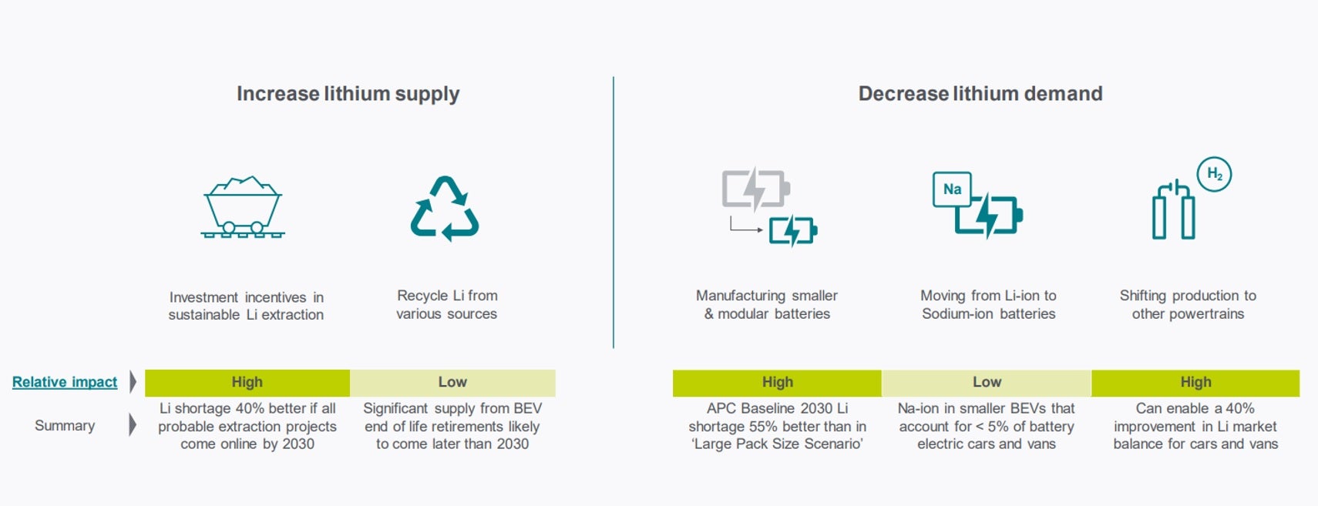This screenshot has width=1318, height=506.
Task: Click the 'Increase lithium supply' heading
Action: point(348,94)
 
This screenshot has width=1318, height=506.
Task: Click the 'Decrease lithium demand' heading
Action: point(980,93)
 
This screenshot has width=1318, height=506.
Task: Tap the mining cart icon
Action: point(243,207)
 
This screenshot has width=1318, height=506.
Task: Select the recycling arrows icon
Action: point(445,209)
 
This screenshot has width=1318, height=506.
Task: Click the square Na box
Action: point(951,189)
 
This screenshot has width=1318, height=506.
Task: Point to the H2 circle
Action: point(1214,174)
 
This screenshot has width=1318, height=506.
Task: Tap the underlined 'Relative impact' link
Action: point(65,382)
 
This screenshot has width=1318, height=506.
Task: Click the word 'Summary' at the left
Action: point(65,425)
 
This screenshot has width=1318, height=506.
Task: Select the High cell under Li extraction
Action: point(247,383)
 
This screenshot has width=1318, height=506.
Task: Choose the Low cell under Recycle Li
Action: point(452,383)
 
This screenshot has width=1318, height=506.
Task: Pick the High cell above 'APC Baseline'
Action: point(777,383)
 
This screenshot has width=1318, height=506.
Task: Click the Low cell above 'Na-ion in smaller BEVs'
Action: point(987,383)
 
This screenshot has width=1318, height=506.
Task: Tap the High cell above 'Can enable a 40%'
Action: point(1195,383)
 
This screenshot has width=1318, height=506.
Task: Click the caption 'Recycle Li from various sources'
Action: point(446,304)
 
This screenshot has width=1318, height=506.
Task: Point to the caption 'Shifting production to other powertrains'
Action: point(1188,304)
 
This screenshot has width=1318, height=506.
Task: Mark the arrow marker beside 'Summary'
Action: point(133,425)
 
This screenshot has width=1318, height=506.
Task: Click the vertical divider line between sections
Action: point(613,212)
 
